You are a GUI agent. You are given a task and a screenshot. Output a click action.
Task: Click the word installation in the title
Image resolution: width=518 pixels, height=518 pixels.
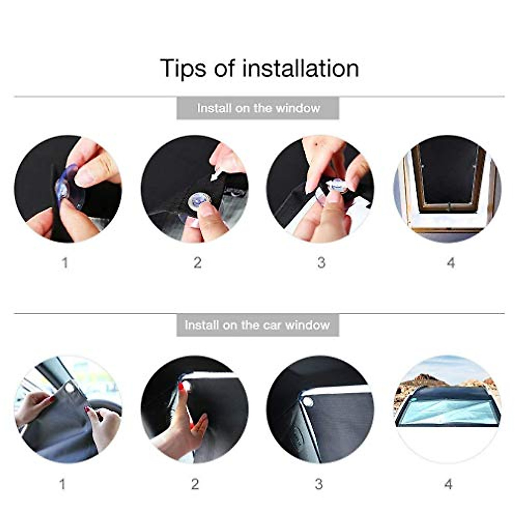pos(300,68)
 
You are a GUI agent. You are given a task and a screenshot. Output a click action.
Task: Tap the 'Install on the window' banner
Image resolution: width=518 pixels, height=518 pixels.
pos(258,108)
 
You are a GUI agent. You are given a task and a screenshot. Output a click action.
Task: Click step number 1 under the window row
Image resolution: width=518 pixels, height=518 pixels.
pos(65,262)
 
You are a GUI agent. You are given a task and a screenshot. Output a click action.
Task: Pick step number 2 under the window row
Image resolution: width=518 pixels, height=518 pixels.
pos(197,262)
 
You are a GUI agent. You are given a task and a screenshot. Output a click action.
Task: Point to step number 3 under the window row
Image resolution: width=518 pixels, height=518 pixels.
pos(321,262)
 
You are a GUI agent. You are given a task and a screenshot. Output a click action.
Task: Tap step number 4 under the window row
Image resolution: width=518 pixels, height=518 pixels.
pos(451,262)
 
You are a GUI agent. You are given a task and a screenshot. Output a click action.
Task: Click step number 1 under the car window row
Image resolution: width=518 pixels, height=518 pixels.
pos(63,484)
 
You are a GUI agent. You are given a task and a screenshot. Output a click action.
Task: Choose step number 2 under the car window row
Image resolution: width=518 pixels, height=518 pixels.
pos(195,484)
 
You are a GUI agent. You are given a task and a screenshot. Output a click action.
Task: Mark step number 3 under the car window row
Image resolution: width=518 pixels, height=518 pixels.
pos(319,484)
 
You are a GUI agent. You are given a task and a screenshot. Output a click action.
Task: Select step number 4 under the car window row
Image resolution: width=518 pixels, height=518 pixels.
pos(449,484)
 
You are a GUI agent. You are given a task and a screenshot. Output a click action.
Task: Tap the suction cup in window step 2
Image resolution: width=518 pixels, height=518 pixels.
pos(200,201)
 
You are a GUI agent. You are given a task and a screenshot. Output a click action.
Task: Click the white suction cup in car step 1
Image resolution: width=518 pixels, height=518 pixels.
pos(69,388)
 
